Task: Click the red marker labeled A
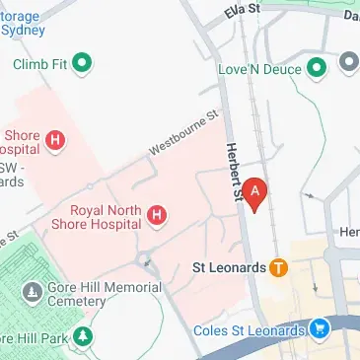coord(255,192)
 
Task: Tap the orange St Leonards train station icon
coord(279,267)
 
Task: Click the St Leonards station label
coord(230,267)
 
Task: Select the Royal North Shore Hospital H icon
coord(155,214)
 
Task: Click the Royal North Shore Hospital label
coord(107,215)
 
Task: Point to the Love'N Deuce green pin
coord(317,67)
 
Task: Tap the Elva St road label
coord(241,10)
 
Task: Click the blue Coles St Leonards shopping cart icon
coord(319,328)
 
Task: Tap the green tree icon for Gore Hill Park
coord(84,339)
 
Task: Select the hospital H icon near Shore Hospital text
coord(56,141)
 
